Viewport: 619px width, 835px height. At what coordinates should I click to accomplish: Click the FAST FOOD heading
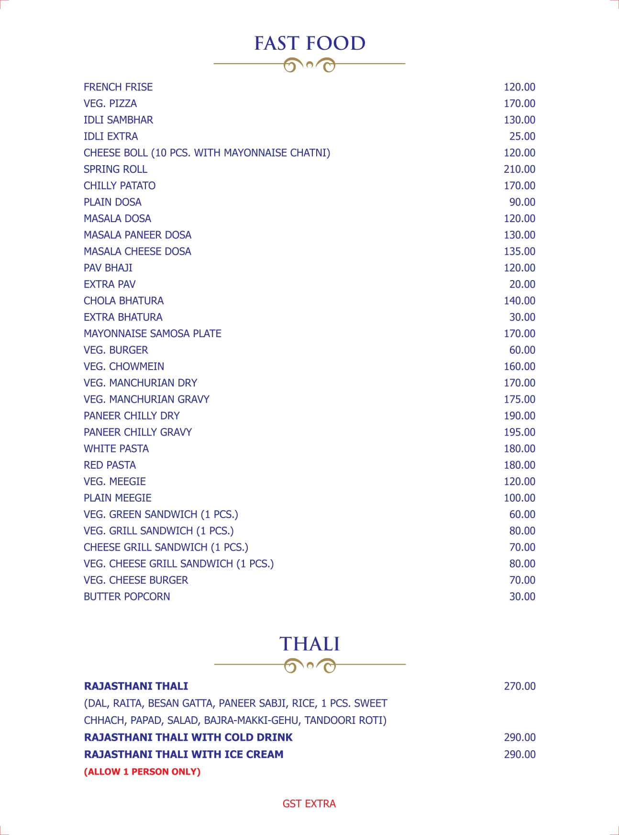click(x=309, y=44)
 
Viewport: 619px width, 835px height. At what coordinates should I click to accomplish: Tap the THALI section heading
click(x=309, y=644)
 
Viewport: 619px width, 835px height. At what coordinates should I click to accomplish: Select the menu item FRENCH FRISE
click(x=118, y=87)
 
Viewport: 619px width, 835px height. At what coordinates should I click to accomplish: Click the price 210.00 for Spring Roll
click(x=519, y=169)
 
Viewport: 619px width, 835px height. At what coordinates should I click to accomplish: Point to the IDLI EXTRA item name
click(x=111, y=136)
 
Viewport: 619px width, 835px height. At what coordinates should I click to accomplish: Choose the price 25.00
click(x=522, y=136)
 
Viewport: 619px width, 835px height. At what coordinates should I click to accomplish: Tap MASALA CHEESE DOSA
click(x=137, y=251)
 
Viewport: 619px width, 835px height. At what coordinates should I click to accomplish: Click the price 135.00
click(x=519, y=251)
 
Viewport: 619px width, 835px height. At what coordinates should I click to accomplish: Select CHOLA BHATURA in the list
click(x=123, y=301)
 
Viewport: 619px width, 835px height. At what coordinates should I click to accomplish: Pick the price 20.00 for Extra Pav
click(x=522, y=284)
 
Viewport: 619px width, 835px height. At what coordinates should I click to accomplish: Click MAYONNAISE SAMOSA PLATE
click(x=152, y=334)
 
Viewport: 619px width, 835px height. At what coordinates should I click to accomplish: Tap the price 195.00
click(x=519, y=432)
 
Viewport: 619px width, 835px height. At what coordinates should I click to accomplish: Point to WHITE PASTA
click(x=116, y=449)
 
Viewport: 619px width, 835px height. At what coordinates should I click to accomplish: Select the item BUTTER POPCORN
click(x=127, y=597)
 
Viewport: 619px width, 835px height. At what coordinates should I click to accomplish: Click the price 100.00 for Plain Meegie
click(x=519, y=498)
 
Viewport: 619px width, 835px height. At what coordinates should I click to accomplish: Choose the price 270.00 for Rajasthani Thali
click(x=520, y=686)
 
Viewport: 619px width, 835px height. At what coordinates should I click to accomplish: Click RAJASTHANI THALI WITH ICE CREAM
click(x=184, y=754)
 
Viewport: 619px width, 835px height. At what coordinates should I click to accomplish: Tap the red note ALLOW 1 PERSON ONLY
click(x=142, y=771)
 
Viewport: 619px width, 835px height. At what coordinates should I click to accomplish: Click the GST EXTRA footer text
click(x=309, y=803)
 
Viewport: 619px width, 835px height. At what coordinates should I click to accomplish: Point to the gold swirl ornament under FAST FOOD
click(x=309, y=64)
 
